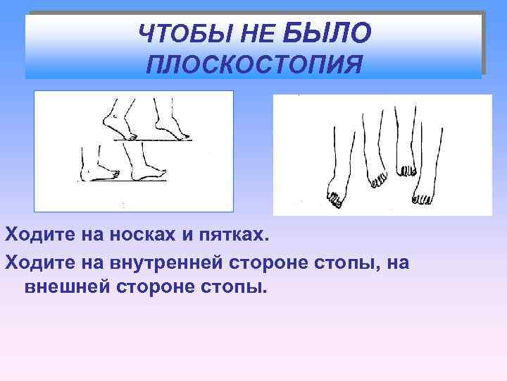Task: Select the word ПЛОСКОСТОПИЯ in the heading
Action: coord(254,64)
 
